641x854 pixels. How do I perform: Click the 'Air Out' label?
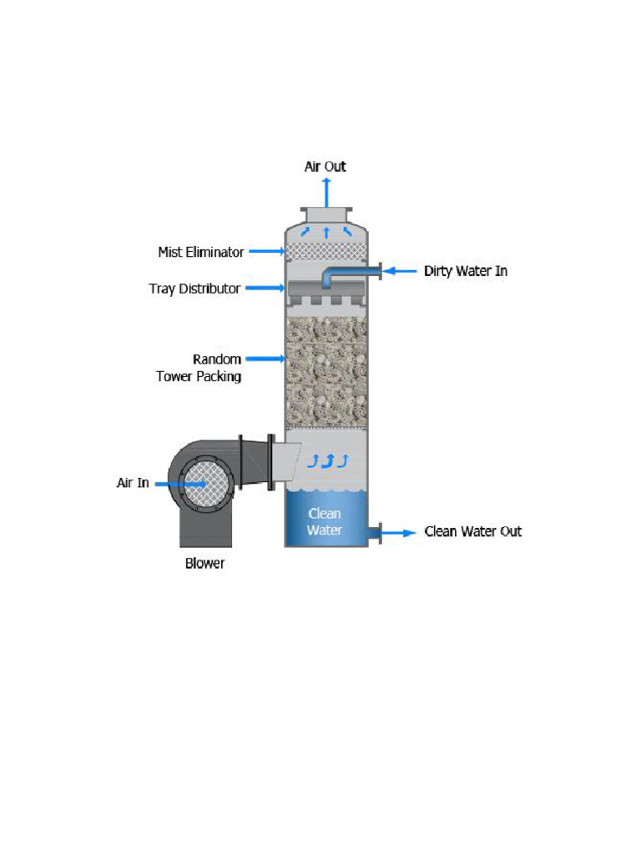[x=325, y=167]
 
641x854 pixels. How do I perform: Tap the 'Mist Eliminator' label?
[x=201, y=251]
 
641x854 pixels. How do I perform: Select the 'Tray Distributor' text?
[x=194, y=289]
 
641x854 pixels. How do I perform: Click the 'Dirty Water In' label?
[x=465, y=271]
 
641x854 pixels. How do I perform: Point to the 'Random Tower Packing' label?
[x=199, y=368]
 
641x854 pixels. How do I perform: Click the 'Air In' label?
[x=133, y=483]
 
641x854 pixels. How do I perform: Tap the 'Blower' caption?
[x=204, y=563]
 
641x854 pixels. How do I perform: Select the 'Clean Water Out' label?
[x=472, y=531]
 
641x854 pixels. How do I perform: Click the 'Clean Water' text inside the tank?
[x=325, y=521]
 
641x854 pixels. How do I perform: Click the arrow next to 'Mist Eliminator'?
[x=267, y=250]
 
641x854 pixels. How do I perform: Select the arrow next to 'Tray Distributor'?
[x=265, y=289]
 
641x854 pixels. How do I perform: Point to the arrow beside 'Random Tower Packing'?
[x=267, y=359]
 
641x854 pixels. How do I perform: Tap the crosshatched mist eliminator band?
[x=326, y=249]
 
